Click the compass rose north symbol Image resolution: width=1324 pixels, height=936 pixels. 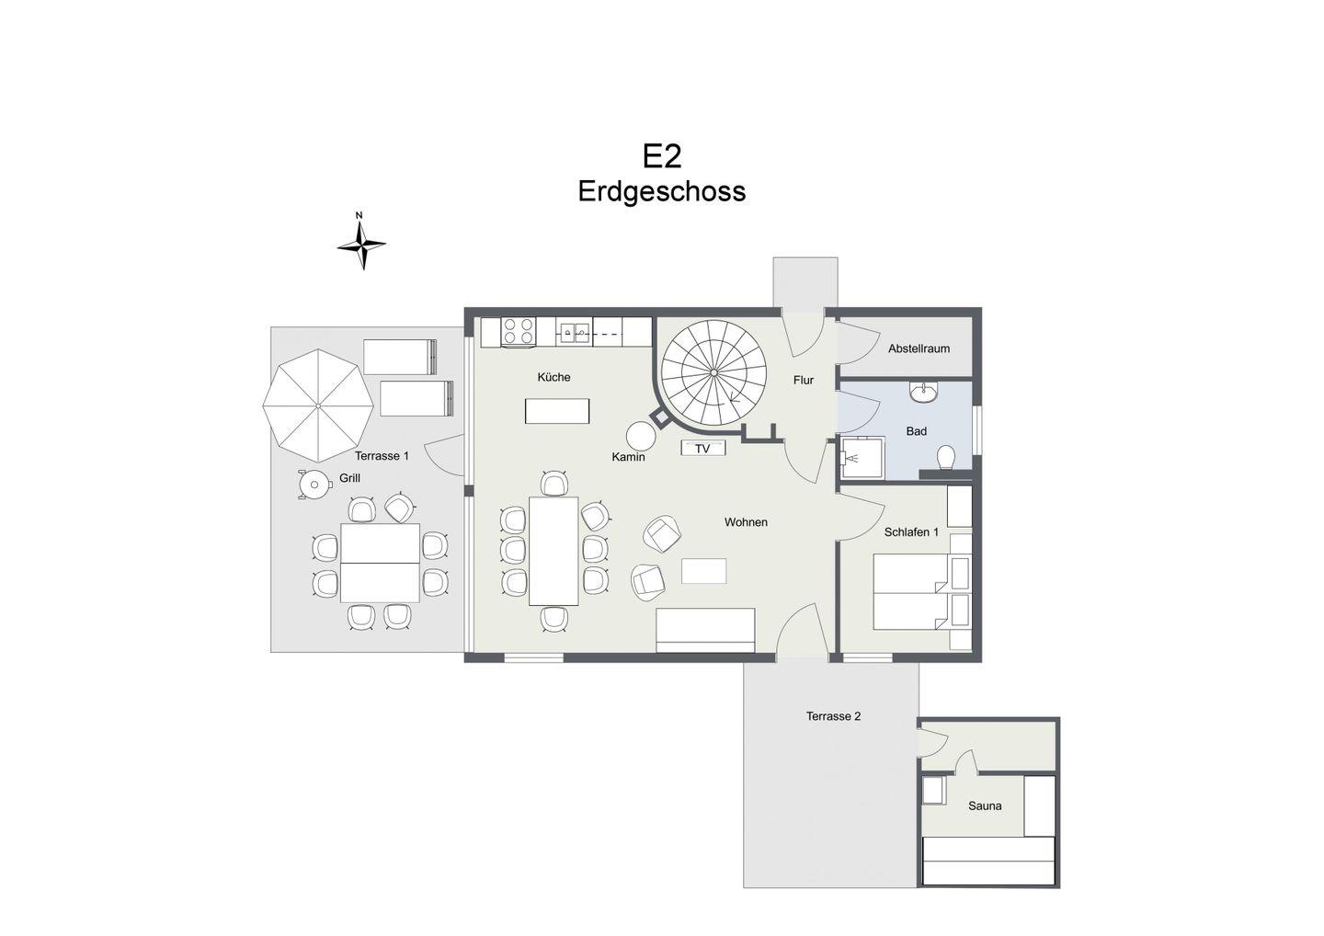coord(361,241)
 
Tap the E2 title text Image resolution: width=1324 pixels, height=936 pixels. coord(662,156)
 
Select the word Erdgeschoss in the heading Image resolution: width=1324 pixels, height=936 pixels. coord(662,191)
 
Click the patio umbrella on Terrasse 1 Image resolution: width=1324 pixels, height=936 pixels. coord(318,405)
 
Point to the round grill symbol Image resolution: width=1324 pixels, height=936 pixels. coord(314,485)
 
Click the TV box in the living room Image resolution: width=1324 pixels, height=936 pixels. coord(702,449)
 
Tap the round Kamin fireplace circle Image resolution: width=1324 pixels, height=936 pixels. coord(641,436)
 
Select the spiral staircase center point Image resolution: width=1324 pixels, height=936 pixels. coord(713,372)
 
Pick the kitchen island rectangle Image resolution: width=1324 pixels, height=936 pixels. coord(557,411)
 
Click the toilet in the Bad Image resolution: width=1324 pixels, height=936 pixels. coord(946,457)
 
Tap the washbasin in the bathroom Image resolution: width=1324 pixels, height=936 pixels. coord(923,392)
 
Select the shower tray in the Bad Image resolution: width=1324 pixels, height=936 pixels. coord(862,457)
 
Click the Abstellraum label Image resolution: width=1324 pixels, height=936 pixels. coord(919,348)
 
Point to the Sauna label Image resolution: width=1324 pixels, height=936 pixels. coord(985,805)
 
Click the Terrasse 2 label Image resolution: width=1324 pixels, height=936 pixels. coord(833,716)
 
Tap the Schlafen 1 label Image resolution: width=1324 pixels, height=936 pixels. coord(911,531)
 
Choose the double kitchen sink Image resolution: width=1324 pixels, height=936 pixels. coord(574,333)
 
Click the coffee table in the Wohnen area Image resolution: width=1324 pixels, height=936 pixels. coord(703,571)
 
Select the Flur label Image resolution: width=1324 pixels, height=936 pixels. coord(804,380)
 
